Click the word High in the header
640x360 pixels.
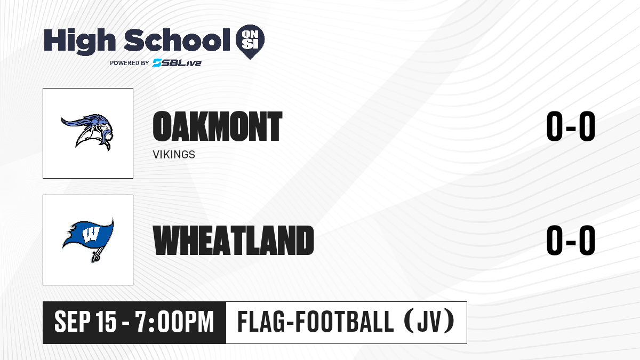coord(80,42)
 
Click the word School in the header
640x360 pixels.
coord(177,40)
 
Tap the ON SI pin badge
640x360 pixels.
coord(250,42)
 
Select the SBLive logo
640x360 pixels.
coord(177,62)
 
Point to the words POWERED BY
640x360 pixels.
coord(130,63)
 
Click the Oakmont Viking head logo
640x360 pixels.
coord(87,132)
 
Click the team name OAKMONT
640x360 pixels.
coord(218,126)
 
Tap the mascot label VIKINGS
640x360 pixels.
coord(174,155)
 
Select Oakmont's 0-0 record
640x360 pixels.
coord(571,126)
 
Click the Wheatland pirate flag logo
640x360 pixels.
coord(88,239)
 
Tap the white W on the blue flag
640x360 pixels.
coord(91,235)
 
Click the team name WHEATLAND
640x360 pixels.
coord(234,241)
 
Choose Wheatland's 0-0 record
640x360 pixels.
coord(571,241)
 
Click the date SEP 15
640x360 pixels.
coord(85,322)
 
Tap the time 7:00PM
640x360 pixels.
coord(174,322)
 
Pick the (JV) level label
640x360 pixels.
coord(429,322)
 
